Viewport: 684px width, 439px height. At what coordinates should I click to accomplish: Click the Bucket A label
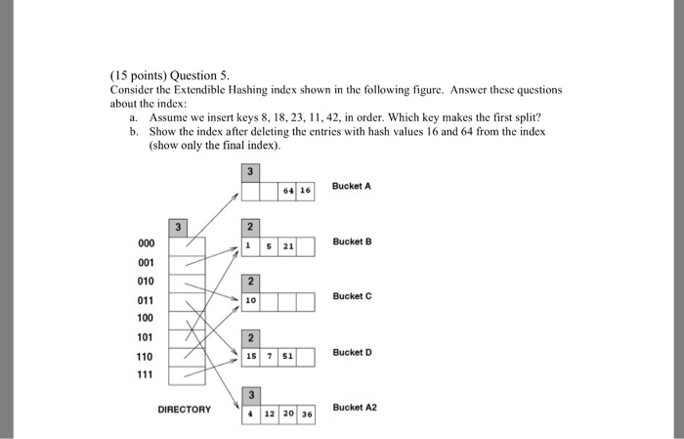[352, 186]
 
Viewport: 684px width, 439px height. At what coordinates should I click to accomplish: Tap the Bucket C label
[352, 295]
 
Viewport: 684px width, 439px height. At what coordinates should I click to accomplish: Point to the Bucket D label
[352, 352]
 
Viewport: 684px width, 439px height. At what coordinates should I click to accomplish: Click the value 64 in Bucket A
[287, 192]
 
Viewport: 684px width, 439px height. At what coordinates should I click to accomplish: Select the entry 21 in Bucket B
[288, 246]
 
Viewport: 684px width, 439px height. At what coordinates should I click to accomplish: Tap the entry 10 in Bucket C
[251, 302]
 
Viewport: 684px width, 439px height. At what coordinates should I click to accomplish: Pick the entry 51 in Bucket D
[288, 357]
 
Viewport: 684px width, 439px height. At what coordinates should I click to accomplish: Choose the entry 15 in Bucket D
[251, 357]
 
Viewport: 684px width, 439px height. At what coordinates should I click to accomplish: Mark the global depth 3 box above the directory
[178, 228]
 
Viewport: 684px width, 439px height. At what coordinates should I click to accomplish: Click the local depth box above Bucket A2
[251, 394]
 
